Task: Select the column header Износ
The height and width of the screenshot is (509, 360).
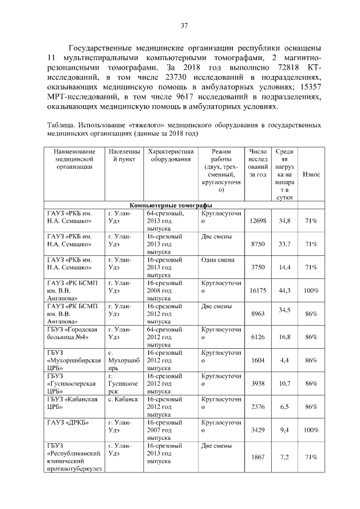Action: tap(311, 175)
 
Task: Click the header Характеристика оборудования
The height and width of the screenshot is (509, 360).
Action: tap(170, 156)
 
